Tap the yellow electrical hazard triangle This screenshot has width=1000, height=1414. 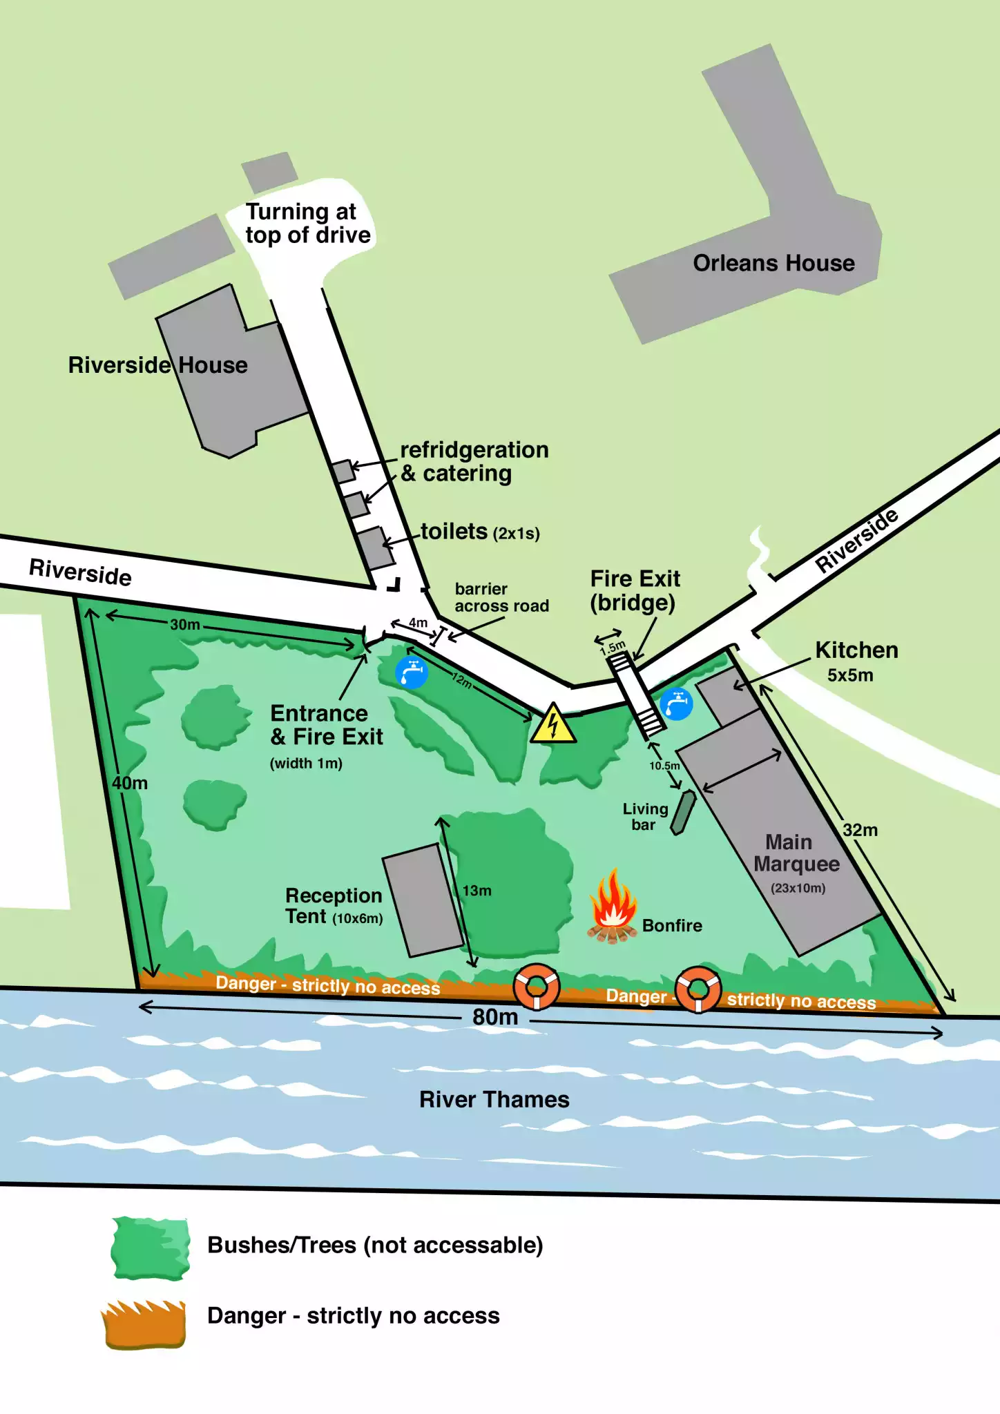553,724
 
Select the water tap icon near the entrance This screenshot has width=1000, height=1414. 412,671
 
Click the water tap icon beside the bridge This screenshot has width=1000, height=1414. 676,704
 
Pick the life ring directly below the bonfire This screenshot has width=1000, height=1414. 536,987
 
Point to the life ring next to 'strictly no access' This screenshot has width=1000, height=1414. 698,990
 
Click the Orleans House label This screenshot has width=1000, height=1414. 773,263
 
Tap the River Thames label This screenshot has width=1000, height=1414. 494,1099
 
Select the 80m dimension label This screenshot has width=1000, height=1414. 495,1017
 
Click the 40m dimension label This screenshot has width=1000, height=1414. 130,783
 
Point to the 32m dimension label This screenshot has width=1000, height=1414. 860,830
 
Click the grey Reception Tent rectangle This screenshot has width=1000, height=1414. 423,900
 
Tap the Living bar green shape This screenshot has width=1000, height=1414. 683,813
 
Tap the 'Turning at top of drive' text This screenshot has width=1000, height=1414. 307,223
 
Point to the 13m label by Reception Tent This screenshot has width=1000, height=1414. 477,891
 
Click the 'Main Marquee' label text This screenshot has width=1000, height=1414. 796,853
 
